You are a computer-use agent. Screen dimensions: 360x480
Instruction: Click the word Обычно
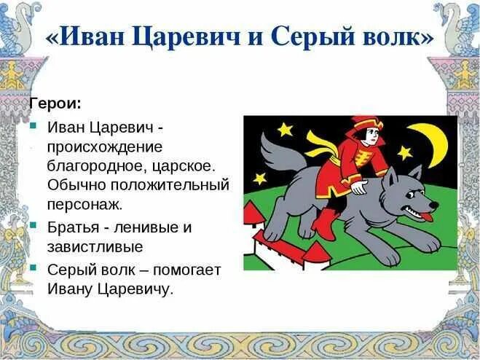coord(74,184)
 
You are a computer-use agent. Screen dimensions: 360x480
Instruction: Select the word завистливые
coord(95,247)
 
